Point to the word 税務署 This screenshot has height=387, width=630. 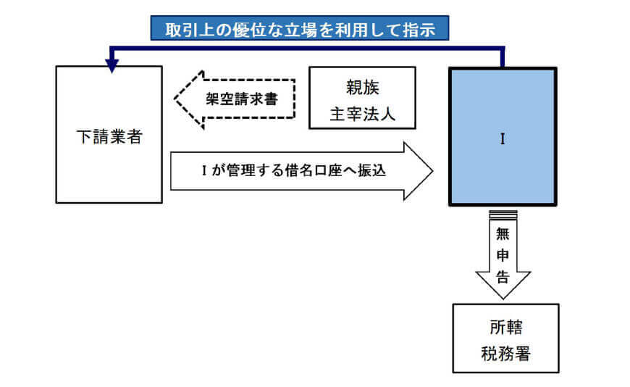(505, 353)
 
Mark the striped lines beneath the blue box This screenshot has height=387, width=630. (503, 214)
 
